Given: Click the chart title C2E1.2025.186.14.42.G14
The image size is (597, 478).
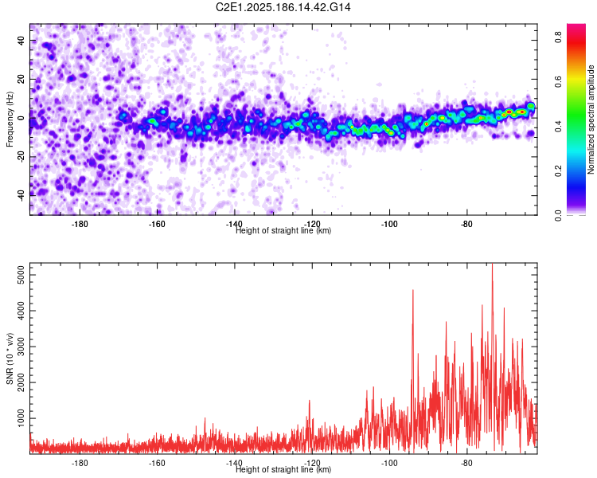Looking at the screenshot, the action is (283, 7).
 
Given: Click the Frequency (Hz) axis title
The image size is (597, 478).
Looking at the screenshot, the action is (10, 119).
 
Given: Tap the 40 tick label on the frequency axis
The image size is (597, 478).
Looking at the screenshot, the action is (21, 40).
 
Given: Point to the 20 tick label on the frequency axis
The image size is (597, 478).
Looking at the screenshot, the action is (21, 79).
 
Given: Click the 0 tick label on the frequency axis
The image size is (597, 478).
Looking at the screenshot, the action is (21, 118).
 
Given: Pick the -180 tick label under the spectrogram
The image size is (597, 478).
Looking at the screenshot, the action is (80, 224).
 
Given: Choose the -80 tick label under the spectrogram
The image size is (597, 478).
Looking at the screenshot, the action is (466, 224).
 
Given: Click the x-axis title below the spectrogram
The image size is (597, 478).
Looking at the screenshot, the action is (283, 230).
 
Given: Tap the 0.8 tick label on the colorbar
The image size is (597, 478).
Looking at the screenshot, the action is (558, 37).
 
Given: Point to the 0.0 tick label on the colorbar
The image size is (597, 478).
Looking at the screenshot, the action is (558, 215).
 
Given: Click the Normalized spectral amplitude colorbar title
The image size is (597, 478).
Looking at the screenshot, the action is (591, 119).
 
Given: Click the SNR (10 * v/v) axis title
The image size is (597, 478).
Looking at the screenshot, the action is (10, 358).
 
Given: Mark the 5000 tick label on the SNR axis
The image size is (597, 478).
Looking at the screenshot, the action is (21, 275).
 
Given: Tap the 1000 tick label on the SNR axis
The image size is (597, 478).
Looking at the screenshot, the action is (21, 418).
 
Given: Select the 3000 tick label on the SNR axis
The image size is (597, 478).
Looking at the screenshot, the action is (21, 347).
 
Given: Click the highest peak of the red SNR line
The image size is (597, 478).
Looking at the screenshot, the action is (492, 264).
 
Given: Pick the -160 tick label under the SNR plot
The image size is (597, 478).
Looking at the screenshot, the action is (157, 463).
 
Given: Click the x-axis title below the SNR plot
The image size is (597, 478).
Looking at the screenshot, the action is (283, 469).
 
